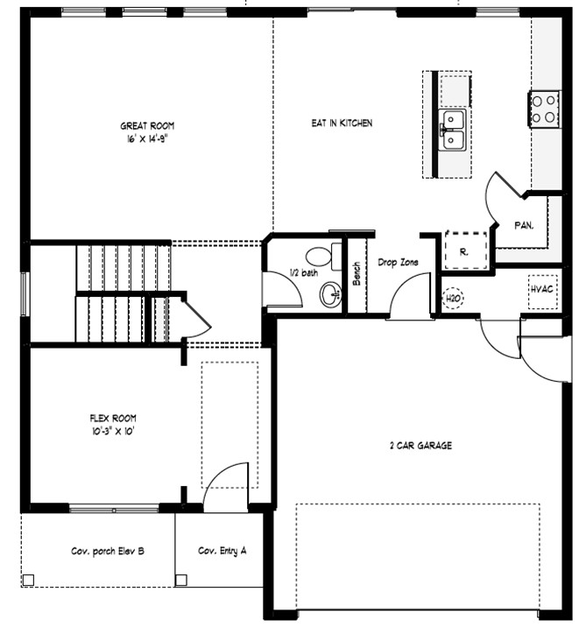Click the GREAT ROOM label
[147, 126]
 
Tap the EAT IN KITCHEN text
[342, 123]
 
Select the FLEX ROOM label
[113, 419]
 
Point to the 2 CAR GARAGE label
[420, 446]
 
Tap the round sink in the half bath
[331, 295]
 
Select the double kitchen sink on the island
[452, 130]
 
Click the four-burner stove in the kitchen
[544, 109]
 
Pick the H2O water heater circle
[453, 299]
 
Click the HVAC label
[542, 289]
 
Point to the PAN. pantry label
[524, 226]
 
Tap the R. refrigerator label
[464, 252]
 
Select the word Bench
[357, 274]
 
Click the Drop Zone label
[398, 263]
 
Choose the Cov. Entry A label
[222, 551]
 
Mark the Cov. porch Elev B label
[108, 552]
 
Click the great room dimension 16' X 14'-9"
[147, 139]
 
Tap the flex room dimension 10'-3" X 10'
[113, 432]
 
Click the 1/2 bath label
[304, 272]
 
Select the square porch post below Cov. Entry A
[181, 580]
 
